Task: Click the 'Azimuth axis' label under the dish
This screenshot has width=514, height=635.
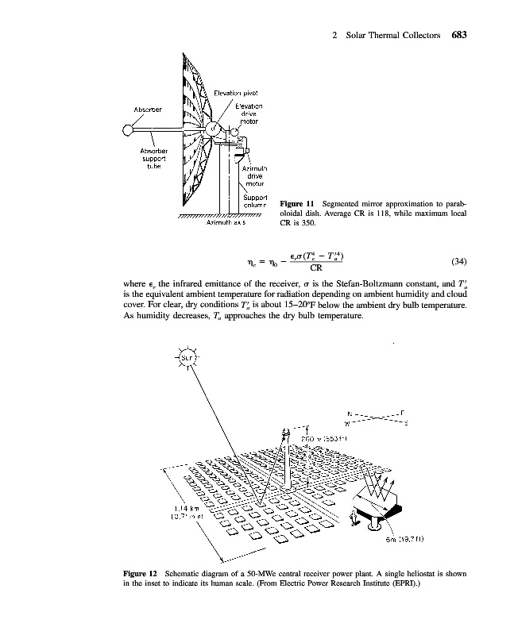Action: pyautogui.click(x=226, y=224)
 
